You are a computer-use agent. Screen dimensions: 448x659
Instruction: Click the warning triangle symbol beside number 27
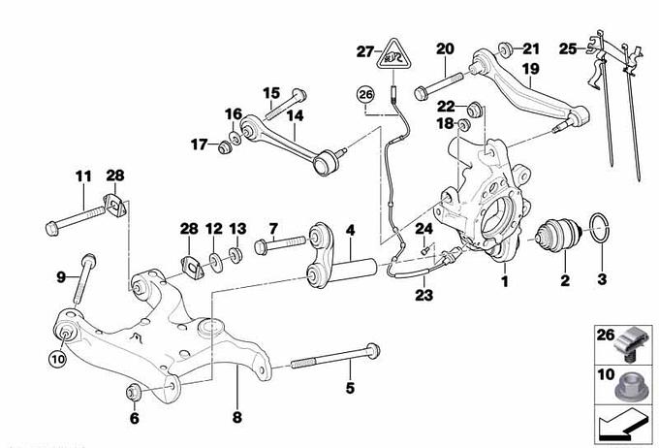392,54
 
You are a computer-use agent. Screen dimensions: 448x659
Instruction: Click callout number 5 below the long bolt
350,389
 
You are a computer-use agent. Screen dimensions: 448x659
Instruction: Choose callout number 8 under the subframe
135,419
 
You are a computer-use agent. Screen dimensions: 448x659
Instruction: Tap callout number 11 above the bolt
82,176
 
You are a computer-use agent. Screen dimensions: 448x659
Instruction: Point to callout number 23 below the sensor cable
424,294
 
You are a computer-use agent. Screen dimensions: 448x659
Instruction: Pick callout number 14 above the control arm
295,114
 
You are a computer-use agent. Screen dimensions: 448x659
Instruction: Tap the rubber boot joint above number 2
562,235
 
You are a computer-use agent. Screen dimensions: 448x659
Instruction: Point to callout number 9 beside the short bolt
61,277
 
